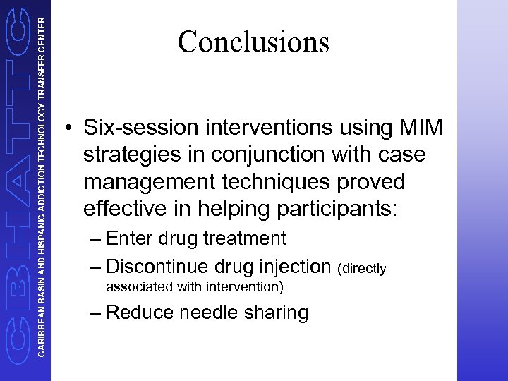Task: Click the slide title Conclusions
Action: (x=253, y=42)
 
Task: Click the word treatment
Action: (x=245, y=238)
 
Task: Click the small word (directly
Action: (x=363, y=268)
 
